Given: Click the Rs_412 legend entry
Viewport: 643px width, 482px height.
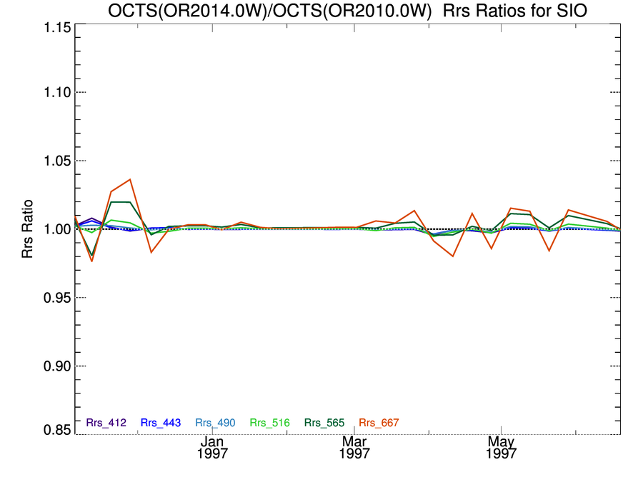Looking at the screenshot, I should click(x=106, y=423).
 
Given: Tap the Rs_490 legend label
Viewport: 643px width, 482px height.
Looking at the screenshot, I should click(x=215, y=423).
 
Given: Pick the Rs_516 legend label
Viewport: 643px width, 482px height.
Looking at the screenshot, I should click(x=270, y=423).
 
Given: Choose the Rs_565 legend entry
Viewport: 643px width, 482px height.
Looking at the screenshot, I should click(x=324, y=423).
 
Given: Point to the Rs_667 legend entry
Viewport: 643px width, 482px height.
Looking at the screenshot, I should click(x=379, y=423).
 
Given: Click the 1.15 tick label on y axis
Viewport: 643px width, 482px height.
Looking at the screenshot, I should click(x=52, y=27).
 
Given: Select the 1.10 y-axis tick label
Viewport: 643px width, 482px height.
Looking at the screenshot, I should click(x=52, y=92).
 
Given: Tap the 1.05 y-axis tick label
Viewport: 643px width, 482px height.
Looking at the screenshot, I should click(x=52, y=161).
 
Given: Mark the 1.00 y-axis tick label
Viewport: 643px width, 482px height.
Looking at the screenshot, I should click(x=52, y=229).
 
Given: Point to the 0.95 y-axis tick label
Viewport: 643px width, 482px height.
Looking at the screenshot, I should click(x=52, y=298).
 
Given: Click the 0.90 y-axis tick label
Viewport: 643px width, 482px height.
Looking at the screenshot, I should click(x=52, y=366).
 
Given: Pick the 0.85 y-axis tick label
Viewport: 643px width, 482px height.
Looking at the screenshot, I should click(x=52, y=431).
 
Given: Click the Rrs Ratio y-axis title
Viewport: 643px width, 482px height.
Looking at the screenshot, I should click(x=28, y=229).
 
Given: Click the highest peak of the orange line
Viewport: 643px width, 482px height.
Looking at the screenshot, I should click(x=130, y=180).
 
